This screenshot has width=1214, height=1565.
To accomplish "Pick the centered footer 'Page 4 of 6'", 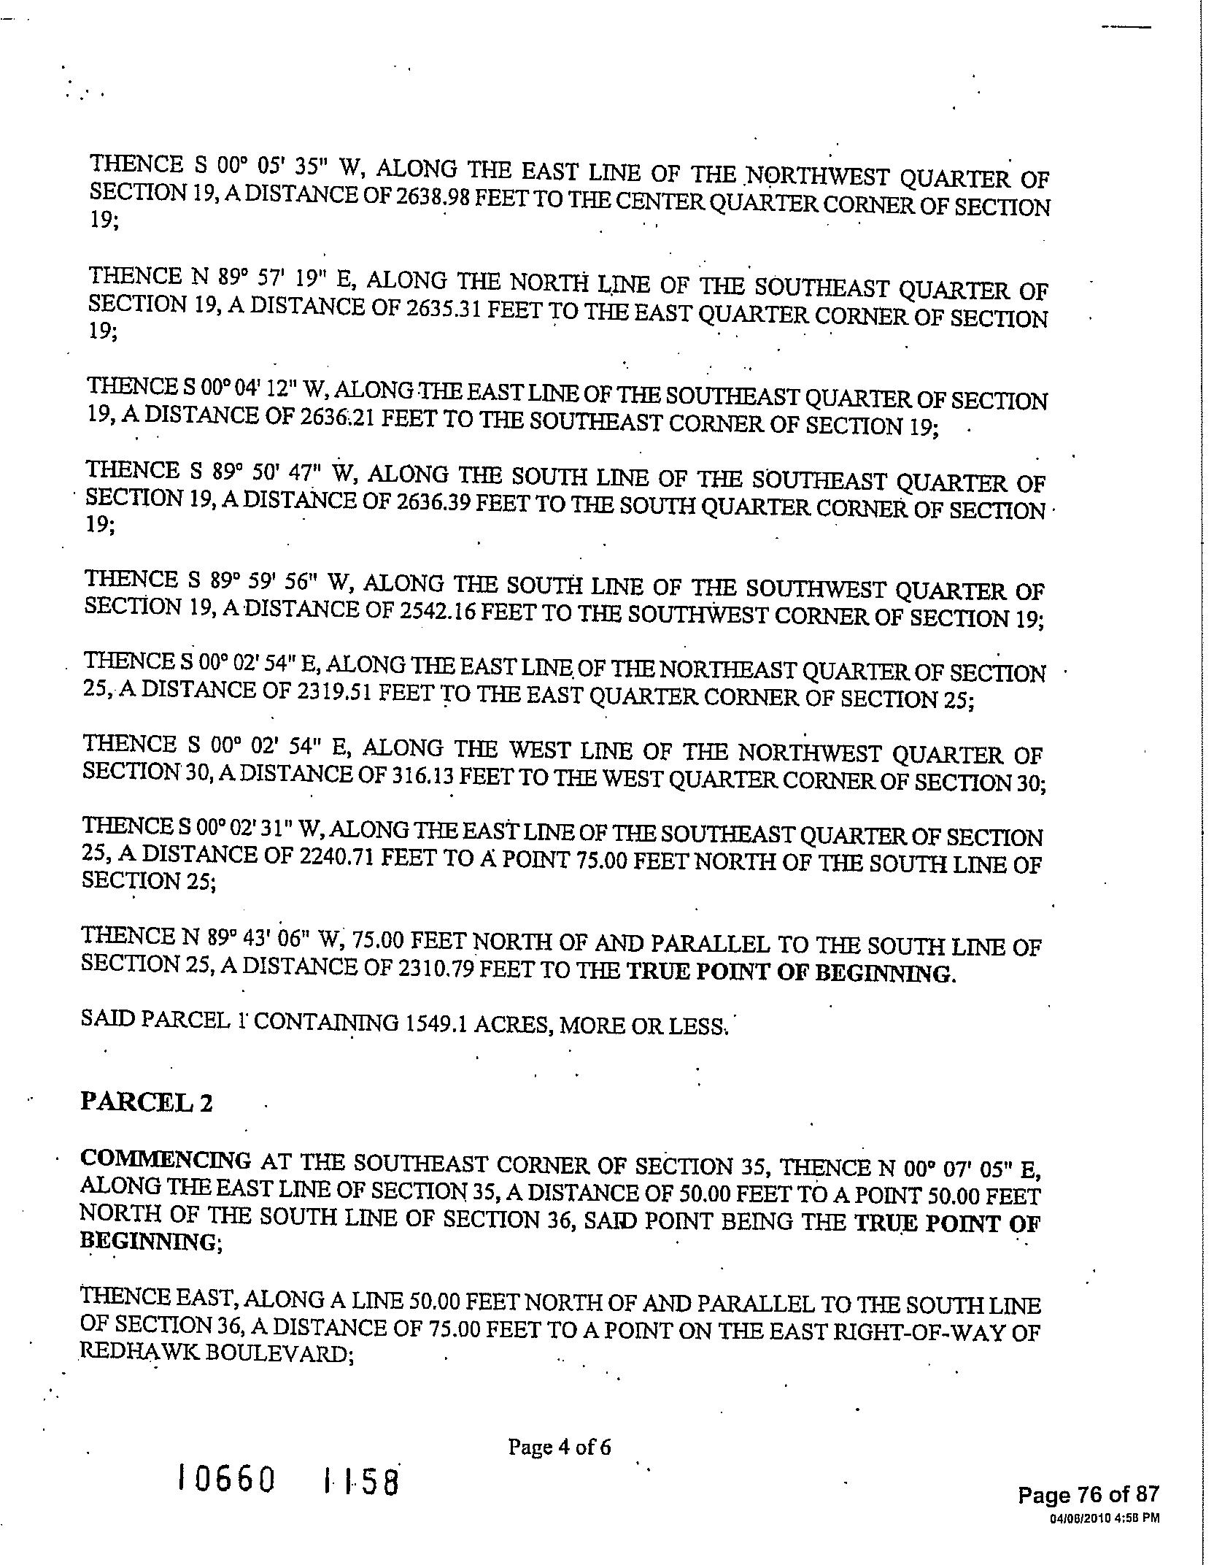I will [x=559, y=1446].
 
